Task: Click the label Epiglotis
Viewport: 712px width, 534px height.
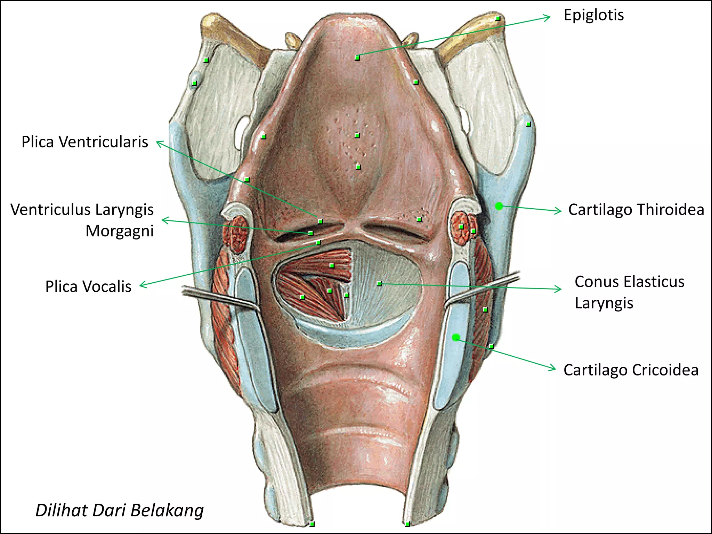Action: tap(593, 15)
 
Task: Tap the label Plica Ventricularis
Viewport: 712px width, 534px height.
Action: tap(85, 142)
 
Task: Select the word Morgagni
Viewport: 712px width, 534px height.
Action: tap(120, 231)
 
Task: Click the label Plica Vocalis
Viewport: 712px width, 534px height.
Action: tap(88, 286)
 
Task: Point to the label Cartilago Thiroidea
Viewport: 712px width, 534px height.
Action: tap(636, 210)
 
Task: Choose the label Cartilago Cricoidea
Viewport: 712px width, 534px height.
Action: tap(631, 370)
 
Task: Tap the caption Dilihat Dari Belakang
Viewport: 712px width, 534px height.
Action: tap(120, 511)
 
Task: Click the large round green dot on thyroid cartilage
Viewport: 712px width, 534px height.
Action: tap(499, 206)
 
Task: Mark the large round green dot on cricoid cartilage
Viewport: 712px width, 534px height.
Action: tap(456, 337)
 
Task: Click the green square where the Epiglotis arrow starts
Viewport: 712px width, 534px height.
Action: tap(357, 58)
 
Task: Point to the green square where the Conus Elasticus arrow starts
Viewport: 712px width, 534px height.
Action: tap(379, 284)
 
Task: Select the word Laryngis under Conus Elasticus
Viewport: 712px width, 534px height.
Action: tap(604, 304)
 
